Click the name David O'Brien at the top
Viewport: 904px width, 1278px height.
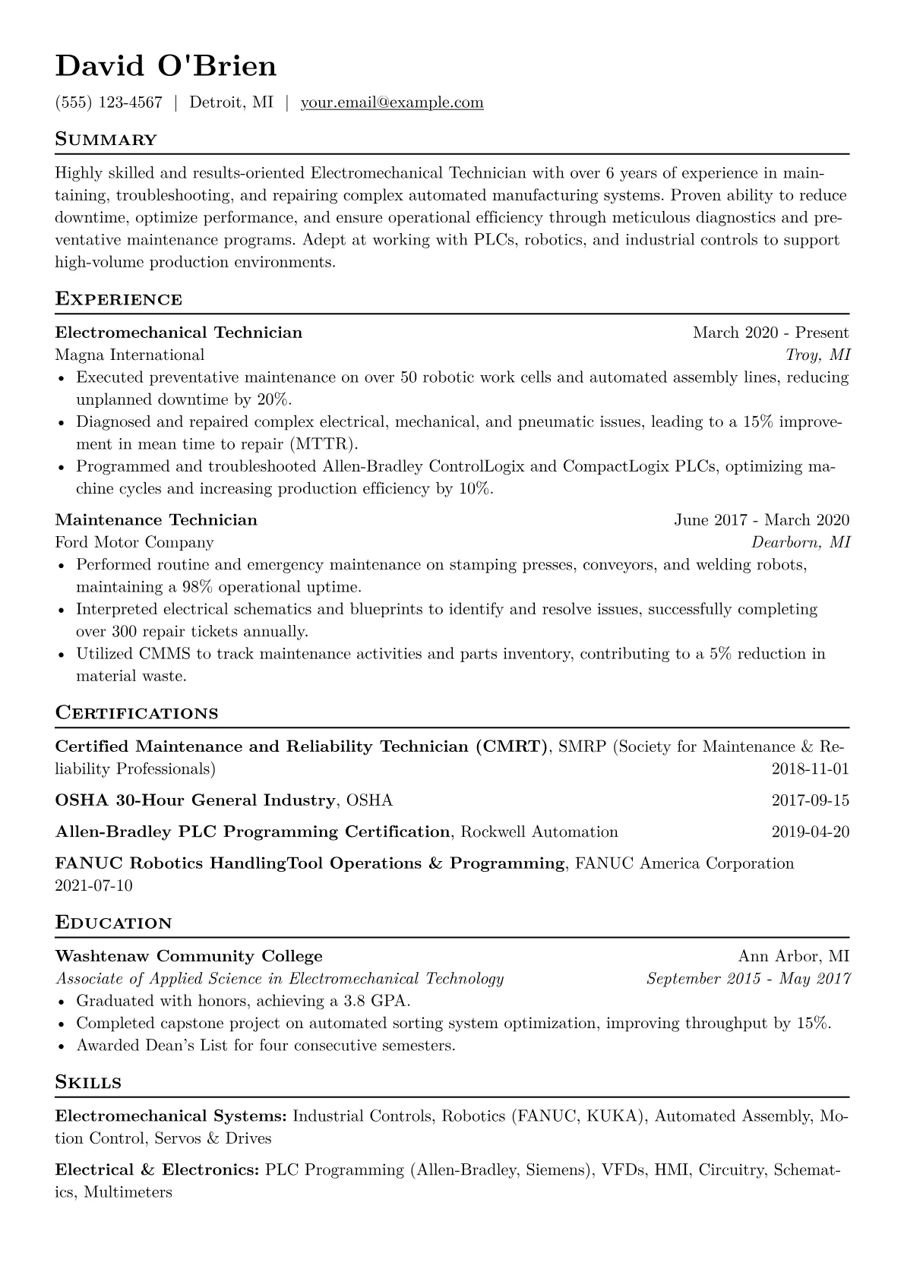(166, 67)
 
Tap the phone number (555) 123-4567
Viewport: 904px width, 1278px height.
(109, 103)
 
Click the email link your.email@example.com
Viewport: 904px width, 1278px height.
(392, 103)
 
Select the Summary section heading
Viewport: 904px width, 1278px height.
(106, 140)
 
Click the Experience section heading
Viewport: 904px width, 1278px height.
(119, 299)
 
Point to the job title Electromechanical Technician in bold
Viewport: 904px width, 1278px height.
(179, 333)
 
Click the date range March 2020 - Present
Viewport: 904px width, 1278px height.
(770, 333)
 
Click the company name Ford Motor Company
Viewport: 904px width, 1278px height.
(134, 542)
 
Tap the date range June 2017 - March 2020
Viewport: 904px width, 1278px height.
(761, 520)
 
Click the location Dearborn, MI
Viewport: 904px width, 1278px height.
(801, 542)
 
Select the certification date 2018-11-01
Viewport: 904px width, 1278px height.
(810, 769)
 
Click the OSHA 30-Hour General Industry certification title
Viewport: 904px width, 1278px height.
(195, 800)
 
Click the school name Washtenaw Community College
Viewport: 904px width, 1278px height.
(189, 956)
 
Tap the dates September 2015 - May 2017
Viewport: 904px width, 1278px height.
(748, 979)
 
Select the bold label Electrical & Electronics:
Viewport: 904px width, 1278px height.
(157, 1170)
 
